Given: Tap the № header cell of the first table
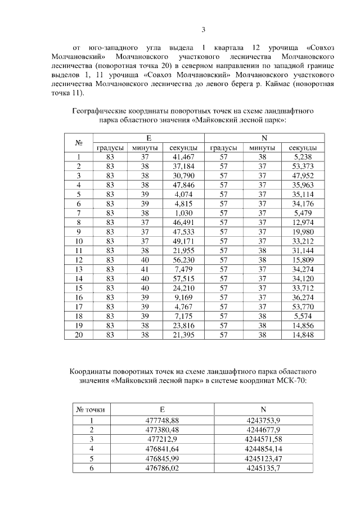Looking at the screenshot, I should [79, 143].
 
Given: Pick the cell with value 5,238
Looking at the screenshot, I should [303, 157].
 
